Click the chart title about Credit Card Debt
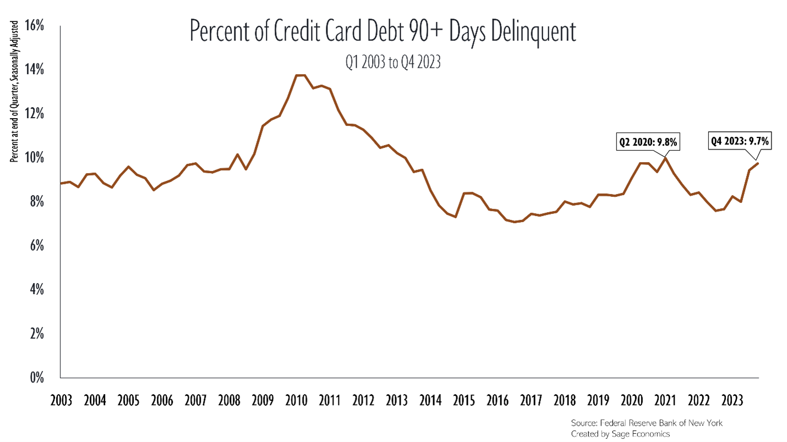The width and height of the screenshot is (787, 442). (x=382, y=32)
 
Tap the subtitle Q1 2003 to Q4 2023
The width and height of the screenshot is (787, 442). (x=393, y=63)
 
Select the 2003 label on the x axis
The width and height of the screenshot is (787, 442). (x=61, y=399)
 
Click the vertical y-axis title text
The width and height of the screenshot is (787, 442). (x=15, y=91)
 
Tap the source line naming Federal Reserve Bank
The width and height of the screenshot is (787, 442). (x=646, y=423)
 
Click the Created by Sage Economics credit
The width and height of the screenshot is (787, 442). (x=620, y=433)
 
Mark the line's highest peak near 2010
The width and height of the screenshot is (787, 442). (x=300, y=75)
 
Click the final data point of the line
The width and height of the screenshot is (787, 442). (x=758, y=163)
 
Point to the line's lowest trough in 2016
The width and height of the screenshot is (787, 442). (x=514, y=222)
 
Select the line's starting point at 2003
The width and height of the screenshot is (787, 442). (x=61, y=184)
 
